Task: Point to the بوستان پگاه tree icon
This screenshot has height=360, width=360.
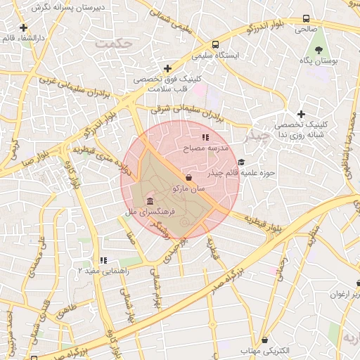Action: pyautogui.click(x=320, y=50)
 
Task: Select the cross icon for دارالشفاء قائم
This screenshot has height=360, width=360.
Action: pyautogui.click(x=24, y=28)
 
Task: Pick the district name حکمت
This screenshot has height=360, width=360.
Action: pyautogui.click(x=115, y=44)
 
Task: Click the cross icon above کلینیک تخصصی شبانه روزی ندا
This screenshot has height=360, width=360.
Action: pyautogui.click(x=301, y=114)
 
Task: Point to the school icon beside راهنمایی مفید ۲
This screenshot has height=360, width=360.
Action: pyautogui.click(x=103, y=260)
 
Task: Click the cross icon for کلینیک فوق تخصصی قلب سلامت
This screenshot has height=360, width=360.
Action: pyautogui.click(x=167, y=68)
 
